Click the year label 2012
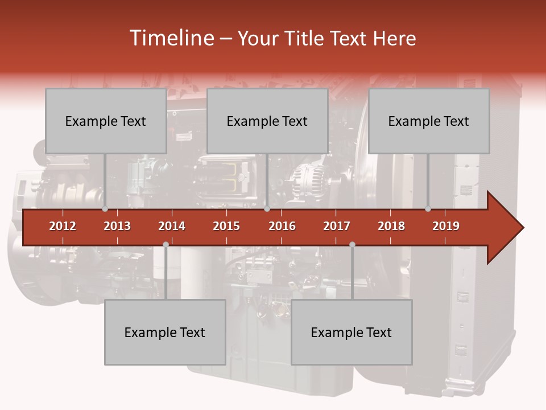tap(63, 226)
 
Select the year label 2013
tap(117, 226)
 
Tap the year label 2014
tap(172, 226)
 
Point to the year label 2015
tap(226, 226)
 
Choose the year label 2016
tap(282, 226)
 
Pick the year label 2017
tap(337, 226)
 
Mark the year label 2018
tap(391, 226)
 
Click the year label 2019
tap(446, 226)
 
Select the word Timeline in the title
tap(170, 38)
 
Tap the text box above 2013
tap(106, 121)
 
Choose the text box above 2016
tap(267, 121)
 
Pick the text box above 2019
tap(429, 121)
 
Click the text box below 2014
tap(165, 332)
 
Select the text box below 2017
tap(351, 332)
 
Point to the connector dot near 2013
tap(105, 209)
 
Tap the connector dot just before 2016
tap(267, 209)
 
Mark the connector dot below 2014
tap(166, 244)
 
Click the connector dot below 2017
tap(352, 244)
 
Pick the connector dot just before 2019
tap(428, 209)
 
